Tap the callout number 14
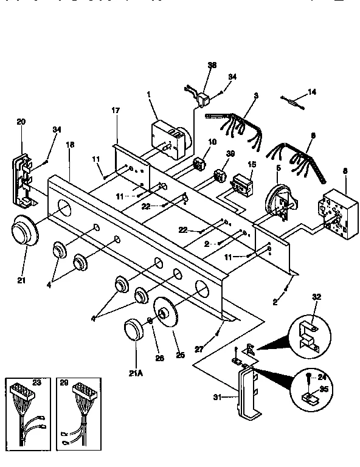313,92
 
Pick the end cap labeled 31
248,395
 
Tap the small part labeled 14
293,99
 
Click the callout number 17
116,111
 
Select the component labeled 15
243,184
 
